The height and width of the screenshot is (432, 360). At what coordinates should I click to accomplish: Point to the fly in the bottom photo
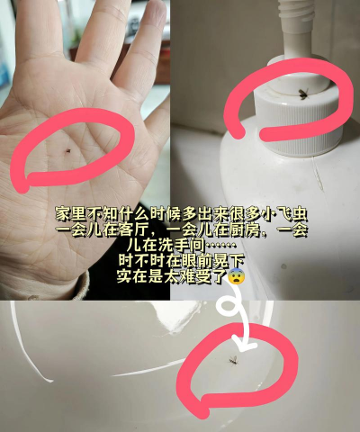(x=231, y=361)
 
